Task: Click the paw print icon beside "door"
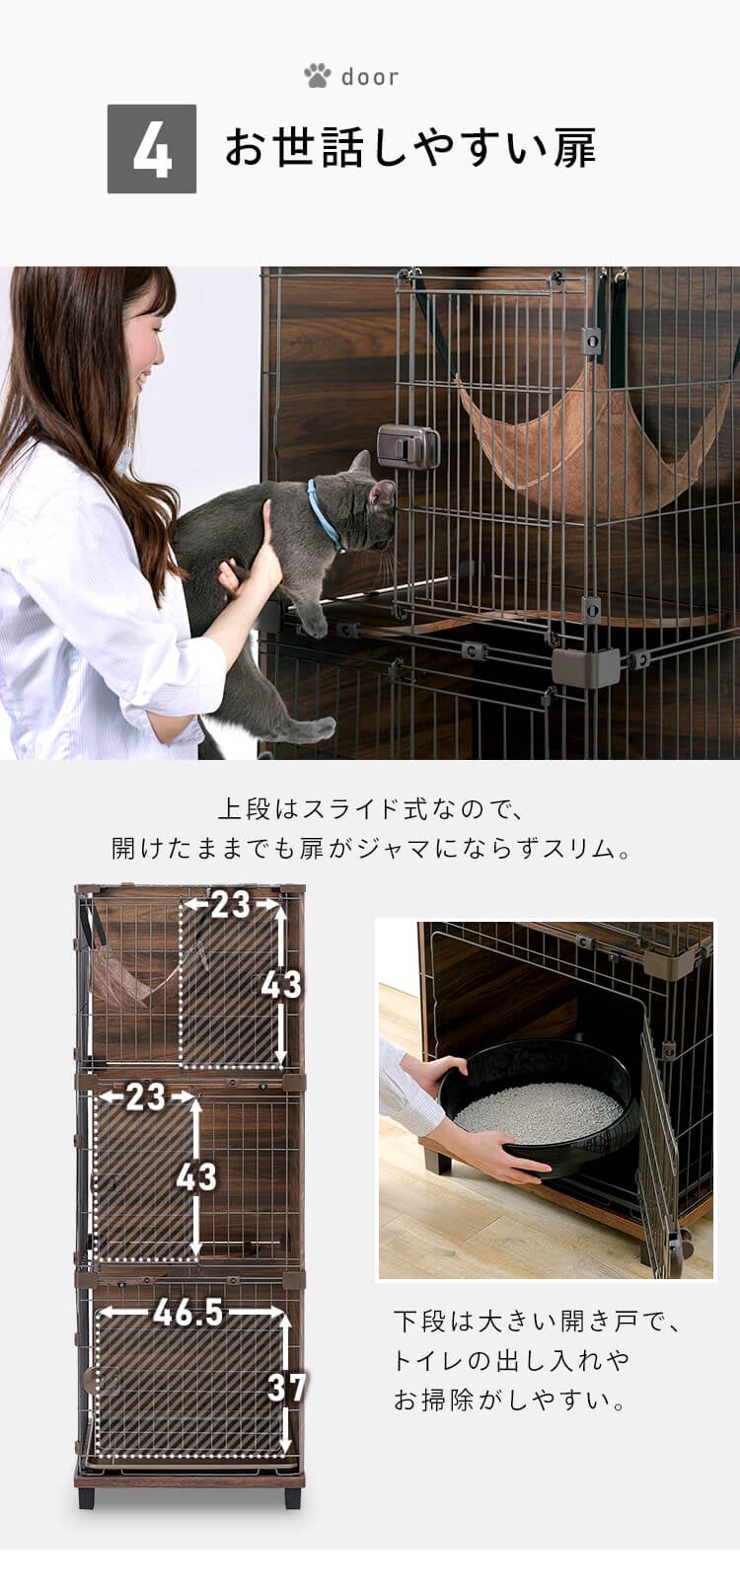pyautogui.click(x=317, y=76)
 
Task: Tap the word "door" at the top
pyautogui.click(x=370, y=77)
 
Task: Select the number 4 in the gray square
pyautogui.click(x=152, y=149)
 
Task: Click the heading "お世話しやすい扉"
pyautogui.click(x=410, y=149)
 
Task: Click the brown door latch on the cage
pyautogui.click(x=407, y=446)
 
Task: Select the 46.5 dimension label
pyautogui.click(x=188, y=1313)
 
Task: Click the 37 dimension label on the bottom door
pyautogui.click(x=286, y=1387)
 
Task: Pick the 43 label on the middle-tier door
pyautogui.click(x=195, y=1176)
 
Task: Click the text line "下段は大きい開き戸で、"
pyautogui.click(x=537, y=1321)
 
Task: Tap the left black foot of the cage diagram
pyautogui.click(x=88, y=1496)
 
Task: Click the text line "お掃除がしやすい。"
pyautogui.click(x=510, y=1400)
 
